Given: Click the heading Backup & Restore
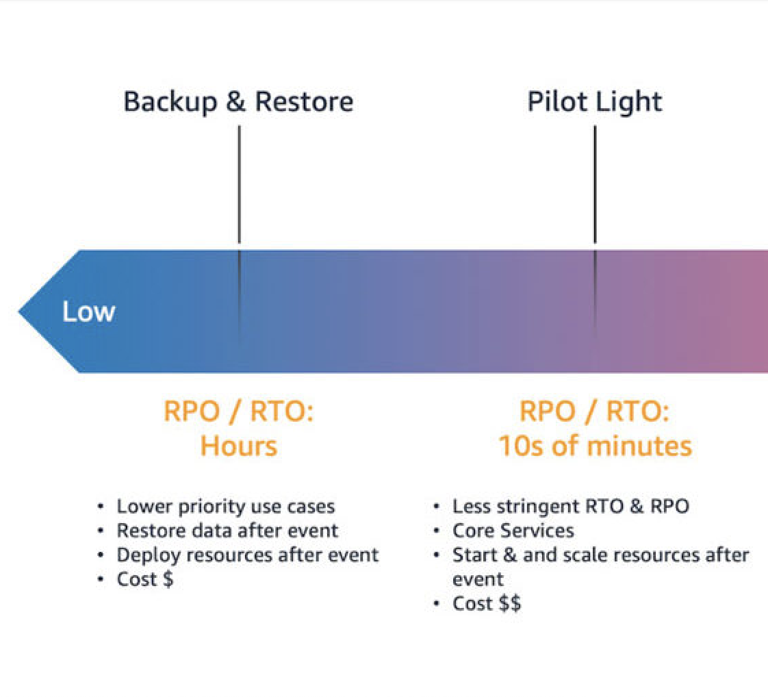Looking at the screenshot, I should pos(238,101).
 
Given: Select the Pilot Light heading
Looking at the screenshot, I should pos(594,101).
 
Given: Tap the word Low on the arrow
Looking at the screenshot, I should pos(89,312).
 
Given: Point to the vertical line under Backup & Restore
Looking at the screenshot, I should pos(239,185).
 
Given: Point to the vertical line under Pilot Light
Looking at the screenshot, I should pos(595,185).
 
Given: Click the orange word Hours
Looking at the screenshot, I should pos(238,446).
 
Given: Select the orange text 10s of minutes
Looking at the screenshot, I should pos(594,446).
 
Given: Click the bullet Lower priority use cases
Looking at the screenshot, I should pos(225,507).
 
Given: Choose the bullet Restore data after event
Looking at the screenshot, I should pos(227,531).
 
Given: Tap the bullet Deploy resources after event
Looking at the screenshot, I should pos(247,555).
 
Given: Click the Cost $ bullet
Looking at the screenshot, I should pos(144,579).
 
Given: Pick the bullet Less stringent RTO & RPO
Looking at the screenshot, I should pos(570,507).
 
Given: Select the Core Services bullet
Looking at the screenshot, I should pos(513,531).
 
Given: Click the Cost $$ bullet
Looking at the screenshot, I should pos(486,604).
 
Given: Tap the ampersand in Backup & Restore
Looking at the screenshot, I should pos(235,101).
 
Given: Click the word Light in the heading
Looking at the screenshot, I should pos(628,101).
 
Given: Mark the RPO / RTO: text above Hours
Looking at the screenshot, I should pos(238,412).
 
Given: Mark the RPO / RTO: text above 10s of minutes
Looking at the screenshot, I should pos(594,412).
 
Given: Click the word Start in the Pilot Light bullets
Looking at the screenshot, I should pos(472,555).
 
